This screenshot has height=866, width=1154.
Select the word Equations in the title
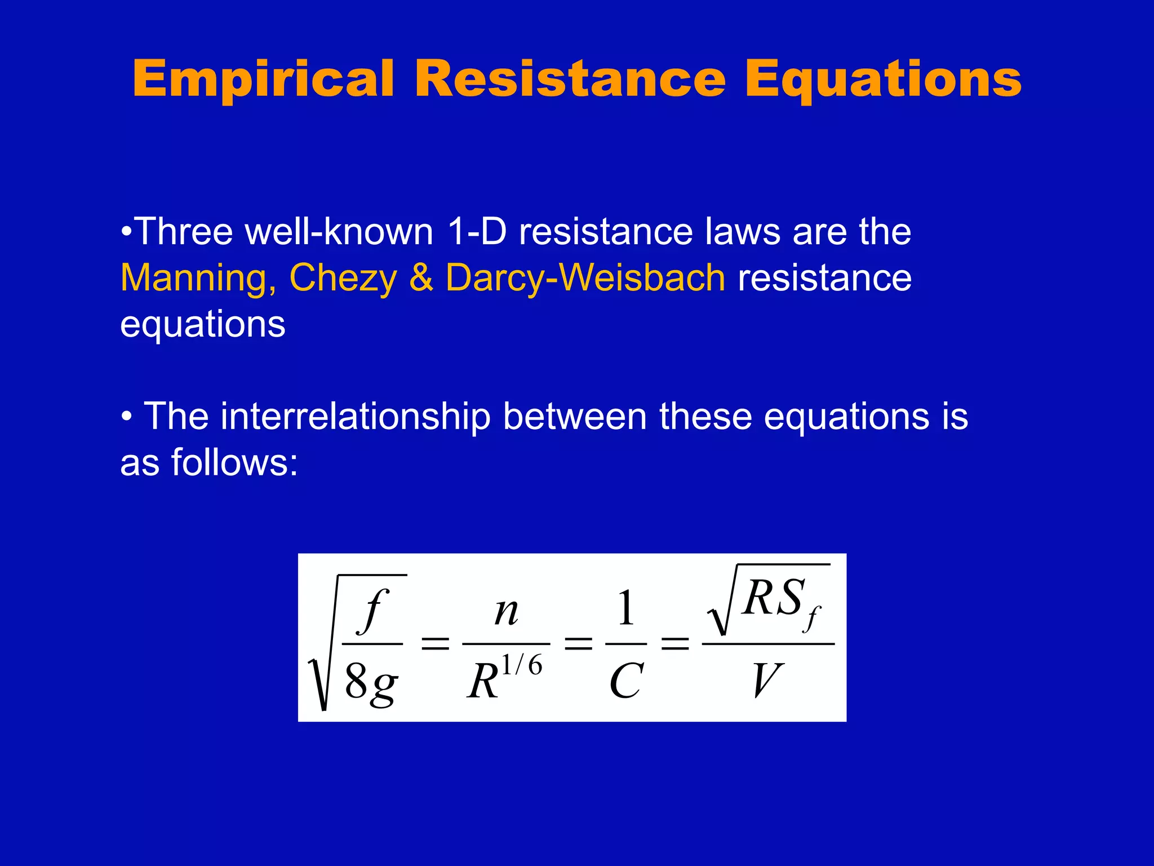[883, 79]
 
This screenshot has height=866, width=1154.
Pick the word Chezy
[343, 278]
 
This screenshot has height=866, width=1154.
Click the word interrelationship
[355, 416]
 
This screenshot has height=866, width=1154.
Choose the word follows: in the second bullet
[234, 462]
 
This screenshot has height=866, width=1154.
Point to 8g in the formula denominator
[371, 682]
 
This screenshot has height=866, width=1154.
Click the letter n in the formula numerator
[506, 612]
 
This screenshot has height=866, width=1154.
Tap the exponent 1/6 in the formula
[521, 666]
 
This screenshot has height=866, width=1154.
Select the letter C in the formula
[626, 681]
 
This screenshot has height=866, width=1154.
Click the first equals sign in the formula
[436, 643]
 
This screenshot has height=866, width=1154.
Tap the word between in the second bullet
[575, 416]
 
